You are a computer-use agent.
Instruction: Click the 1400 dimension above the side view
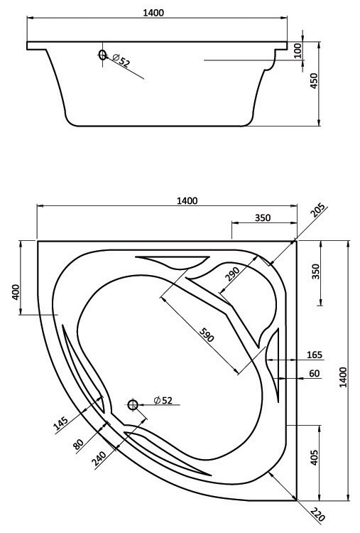pos(153,13)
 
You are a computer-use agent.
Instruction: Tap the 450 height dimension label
pos(314,81)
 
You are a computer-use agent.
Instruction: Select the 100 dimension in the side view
pos(298,50)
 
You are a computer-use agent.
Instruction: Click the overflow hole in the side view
pos(102,55)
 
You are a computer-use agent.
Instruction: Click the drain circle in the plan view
pos(133,404)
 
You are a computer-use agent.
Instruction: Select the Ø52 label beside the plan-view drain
pos(163,400)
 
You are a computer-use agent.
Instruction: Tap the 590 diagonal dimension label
pos(207,335)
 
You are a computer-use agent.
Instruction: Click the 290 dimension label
pos(233,274)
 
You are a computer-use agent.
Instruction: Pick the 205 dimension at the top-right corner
pos(317,210)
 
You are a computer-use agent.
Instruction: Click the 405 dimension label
pos(314,458)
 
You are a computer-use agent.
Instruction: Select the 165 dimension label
pos(314,355)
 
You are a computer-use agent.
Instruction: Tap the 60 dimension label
pos(315,373)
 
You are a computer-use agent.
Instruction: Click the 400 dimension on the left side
pos(16,292)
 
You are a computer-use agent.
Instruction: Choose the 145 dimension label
pos(61,424)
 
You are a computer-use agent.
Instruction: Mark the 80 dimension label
pos(78,444)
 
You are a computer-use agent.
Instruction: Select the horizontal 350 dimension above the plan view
pos(263,217)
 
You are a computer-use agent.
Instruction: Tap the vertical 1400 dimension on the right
pos(343,377)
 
